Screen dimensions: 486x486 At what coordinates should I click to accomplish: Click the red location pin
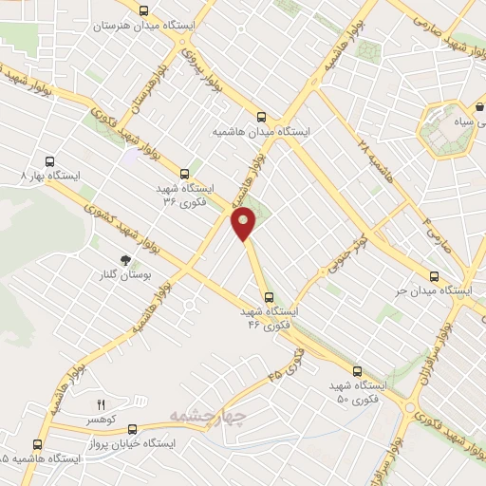[x=245, y=225]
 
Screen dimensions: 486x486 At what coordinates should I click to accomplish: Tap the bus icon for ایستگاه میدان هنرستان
[x=143, y=11]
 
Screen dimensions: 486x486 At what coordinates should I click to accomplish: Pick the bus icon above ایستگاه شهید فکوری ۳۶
[x=184, y=174]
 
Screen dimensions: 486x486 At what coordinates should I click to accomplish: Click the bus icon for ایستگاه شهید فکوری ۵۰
[x=357, y=371]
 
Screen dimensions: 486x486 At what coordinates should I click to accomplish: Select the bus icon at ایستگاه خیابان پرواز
[x=132, y=428]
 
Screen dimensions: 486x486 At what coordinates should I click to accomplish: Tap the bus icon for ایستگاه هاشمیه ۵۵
[x=38, y=443]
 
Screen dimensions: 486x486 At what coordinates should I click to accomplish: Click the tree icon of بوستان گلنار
[x=124, y=259]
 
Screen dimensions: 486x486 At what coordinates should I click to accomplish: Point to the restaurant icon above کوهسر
[x=102, y=405]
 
